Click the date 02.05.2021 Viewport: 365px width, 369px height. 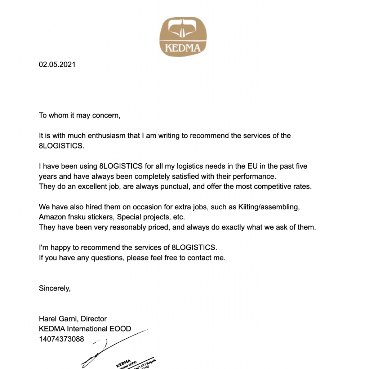coord(57,65)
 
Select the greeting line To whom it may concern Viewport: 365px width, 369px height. coord(79,115)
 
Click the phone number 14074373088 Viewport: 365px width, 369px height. coord(61,339)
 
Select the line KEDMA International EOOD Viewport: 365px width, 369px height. coord(85,329)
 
